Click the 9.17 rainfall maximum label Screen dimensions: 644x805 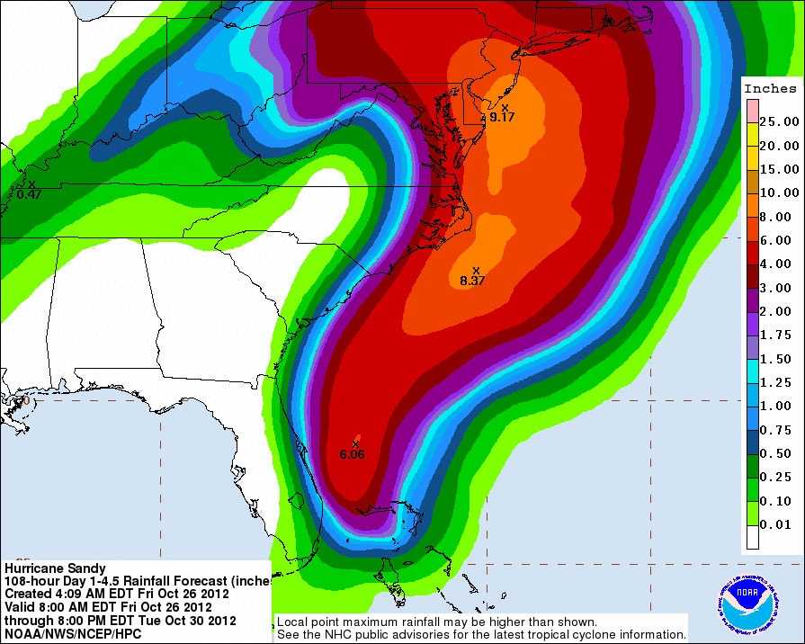[502, 117]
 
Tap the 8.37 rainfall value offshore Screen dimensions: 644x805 [472, 281]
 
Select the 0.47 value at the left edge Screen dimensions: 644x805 [30, 193]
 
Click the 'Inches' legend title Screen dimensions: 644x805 [770, 88]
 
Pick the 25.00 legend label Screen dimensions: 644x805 [779, 121]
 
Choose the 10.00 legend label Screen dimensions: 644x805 [779, 192]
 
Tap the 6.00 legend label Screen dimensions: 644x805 [779, 240]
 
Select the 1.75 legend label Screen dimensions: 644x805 [779, 335]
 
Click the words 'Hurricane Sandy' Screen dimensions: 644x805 [55, 568]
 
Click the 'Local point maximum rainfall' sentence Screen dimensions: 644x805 [436, 622]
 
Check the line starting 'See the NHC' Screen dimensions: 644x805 [481, 634]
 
